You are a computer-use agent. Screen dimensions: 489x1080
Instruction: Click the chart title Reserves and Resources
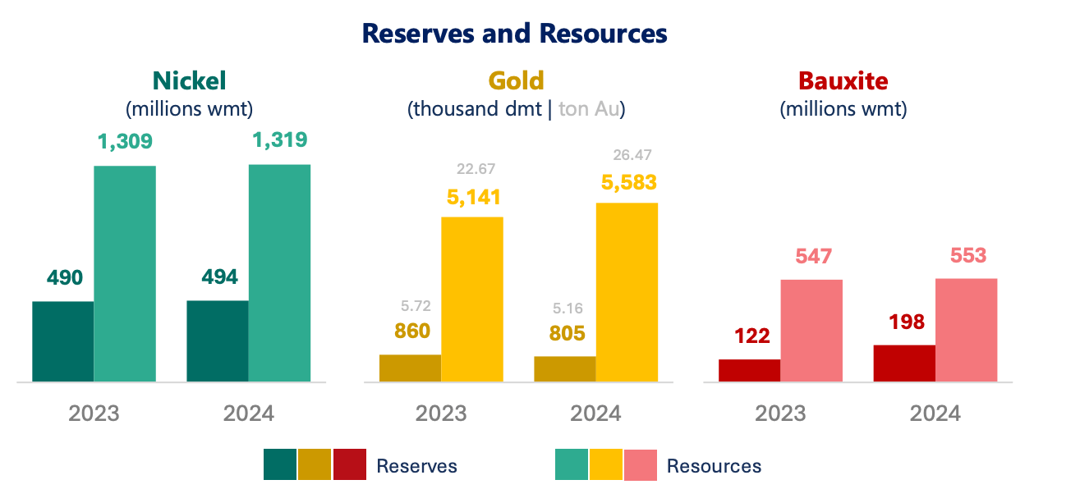[x=514, y=34]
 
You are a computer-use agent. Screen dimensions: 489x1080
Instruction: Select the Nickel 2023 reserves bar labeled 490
[x=62, y=341]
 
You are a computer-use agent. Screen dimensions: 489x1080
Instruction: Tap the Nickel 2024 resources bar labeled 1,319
[x=279, y=273]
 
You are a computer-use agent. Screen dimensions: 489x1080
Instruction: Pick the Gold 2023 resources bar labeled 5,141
[x=472, y=299]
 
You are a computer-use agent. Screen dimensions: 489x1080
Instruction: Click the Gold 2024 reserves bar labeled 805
[x=564, y=369]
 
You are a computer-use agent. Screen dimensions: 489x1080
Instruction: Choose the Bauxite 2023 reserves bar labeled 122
[x=749, y=371]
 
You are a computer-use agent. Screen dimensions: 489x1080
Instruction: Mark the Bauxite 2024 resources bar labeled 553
[x=966, y=330]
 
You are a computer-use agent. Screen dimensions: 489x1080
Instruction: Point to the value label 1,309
[x=125, y=142]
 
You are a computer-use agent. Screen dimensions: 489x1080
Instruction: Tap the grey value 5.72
[x=416, y=306]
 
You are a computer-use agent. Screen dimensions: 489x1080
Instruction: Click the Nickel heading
[x=189, y=80]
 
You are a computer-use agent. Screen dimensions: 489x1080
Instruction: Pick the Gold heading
[x=516, y=80]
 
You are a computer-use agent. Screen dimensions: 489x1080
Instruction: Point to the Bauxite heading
[x=843, y=81]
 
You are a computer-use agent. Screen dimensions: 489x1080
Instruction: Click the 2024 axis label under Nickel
[x=248, y=413]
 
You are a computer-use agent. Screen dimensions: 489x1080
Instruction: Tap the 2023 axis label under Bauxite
[x=780, y=413]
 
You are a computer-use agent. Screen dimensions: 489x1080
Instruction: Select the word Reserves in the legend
[x=416, y=466]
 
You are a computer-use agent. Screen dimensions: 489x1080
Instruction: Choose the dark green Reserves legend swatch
[x=279, y=464]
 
